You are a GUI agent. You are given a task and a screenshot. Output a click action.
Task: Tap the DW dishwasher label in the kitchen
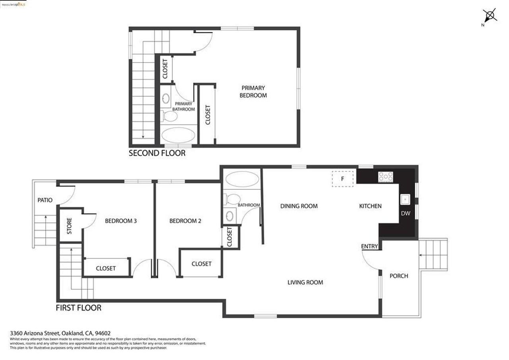pos(405,214)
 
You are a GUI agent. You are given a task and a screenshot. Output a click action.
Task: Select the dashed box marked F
pos(342,179)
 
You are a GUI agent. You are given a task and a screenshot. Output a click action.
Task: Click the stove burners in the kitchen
pos(385,177)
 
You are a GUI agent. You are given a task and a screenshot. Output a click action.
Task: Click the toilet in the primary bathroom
pos(171,116)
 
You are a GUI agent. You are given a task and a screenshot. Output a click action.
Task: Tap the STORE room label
pos(69,226)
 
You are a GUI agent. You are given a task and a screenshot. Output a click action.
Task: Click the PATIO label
pos(45,200)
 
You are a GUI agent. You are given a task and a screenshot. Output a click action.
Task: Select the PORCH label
pos(398,276)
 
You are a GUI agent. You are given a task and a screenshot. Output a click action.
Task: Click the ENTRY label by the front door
pos(369,246)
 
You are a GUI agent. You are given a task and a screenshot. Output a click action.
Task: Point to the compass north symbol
pos(490,16)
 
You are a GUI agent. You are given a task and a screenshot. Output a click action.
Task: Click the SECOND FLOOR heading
pos(157,153)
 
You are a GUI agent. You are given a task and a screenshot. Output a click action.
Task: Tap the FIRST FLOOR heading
pos(78,307)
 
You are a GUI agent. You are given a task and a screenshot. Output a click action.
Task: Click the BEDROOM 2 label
pos(185,221)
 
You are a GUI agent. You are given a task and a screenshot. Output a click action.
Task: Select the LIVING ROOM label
pos(305,282)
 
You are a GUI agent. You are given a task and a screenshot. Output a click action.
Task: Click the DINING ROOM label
pos(299,206)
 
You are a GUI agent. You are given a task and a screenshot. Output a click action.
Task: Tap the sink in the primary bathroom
pos(166,98)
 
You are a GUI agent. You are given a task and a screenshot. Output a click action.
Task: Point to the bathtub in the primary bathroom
pos(178,135)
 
